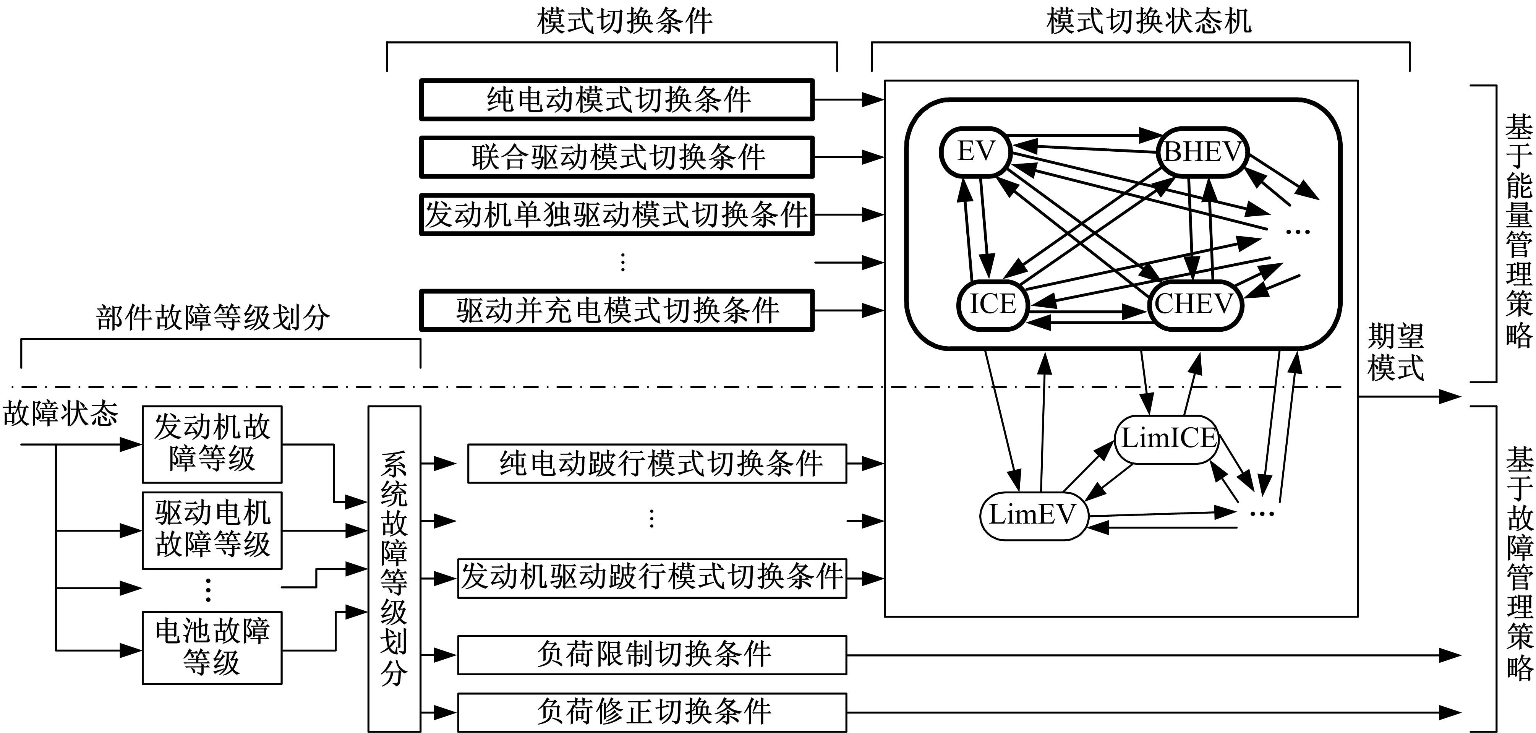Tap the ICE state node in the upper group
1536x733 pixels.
point(992,304)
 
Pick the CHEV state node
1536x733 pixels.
point(1194,305)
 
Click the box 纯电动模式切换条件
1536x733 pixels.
point(617,100)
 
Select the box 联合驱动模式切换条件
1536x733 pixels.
point(617,157)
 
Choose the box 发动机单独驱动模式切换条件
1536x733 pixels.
point(617,214)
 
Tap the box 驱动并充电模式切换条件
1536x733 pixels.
point(617,310)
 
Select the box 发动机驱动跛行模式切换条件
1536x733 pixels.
point(652,578)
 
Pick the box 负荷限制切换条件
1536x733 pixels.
point(652,655)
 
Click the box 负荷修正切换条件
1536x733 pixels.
point(652,712)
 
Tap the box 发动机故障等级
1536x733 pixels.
point(212,444)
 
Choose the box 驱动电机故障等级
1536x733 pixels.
point(212,530)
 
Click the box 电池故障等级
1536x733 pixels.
point(212,647)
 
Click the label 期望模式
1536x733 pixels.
point(1395,352)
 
